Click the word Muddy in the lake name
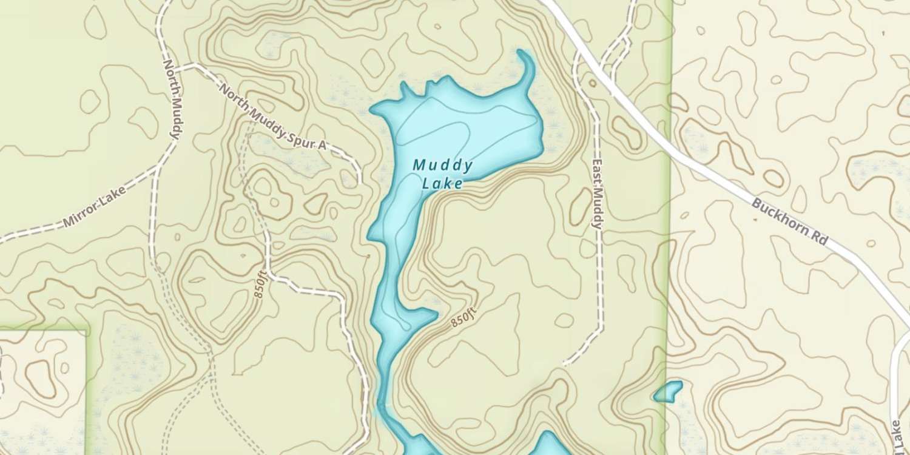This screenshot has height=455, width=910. (x=443, y=165)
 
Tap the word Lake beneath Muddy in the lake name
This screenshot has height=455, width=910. (x=443, y=183)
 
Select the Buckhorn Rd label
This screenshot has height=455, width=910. (x=789, y=221)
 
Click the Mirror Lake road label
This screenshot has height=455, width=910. (x=95, y=207)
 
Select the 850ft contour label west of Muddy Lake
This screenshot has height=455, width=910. (x=260, y=285)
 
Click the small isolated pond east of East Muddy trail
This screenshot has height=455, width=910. (x=668, y=392)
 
